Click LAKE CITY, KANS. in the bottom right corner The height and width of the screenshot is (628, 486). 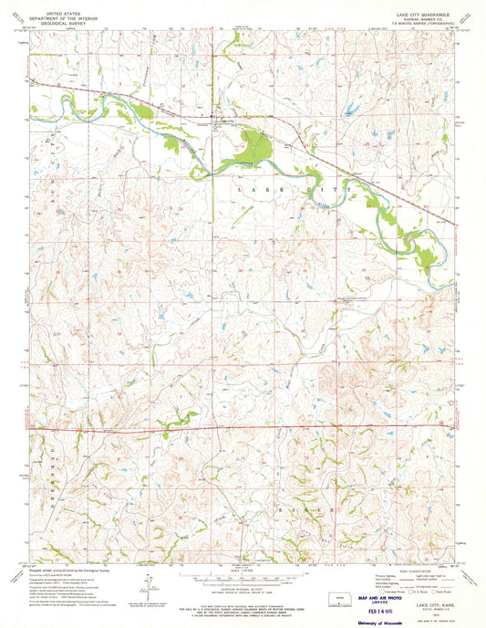point(427,591)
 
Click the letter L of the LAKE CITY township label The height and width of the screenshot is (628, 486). point(240,186)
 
